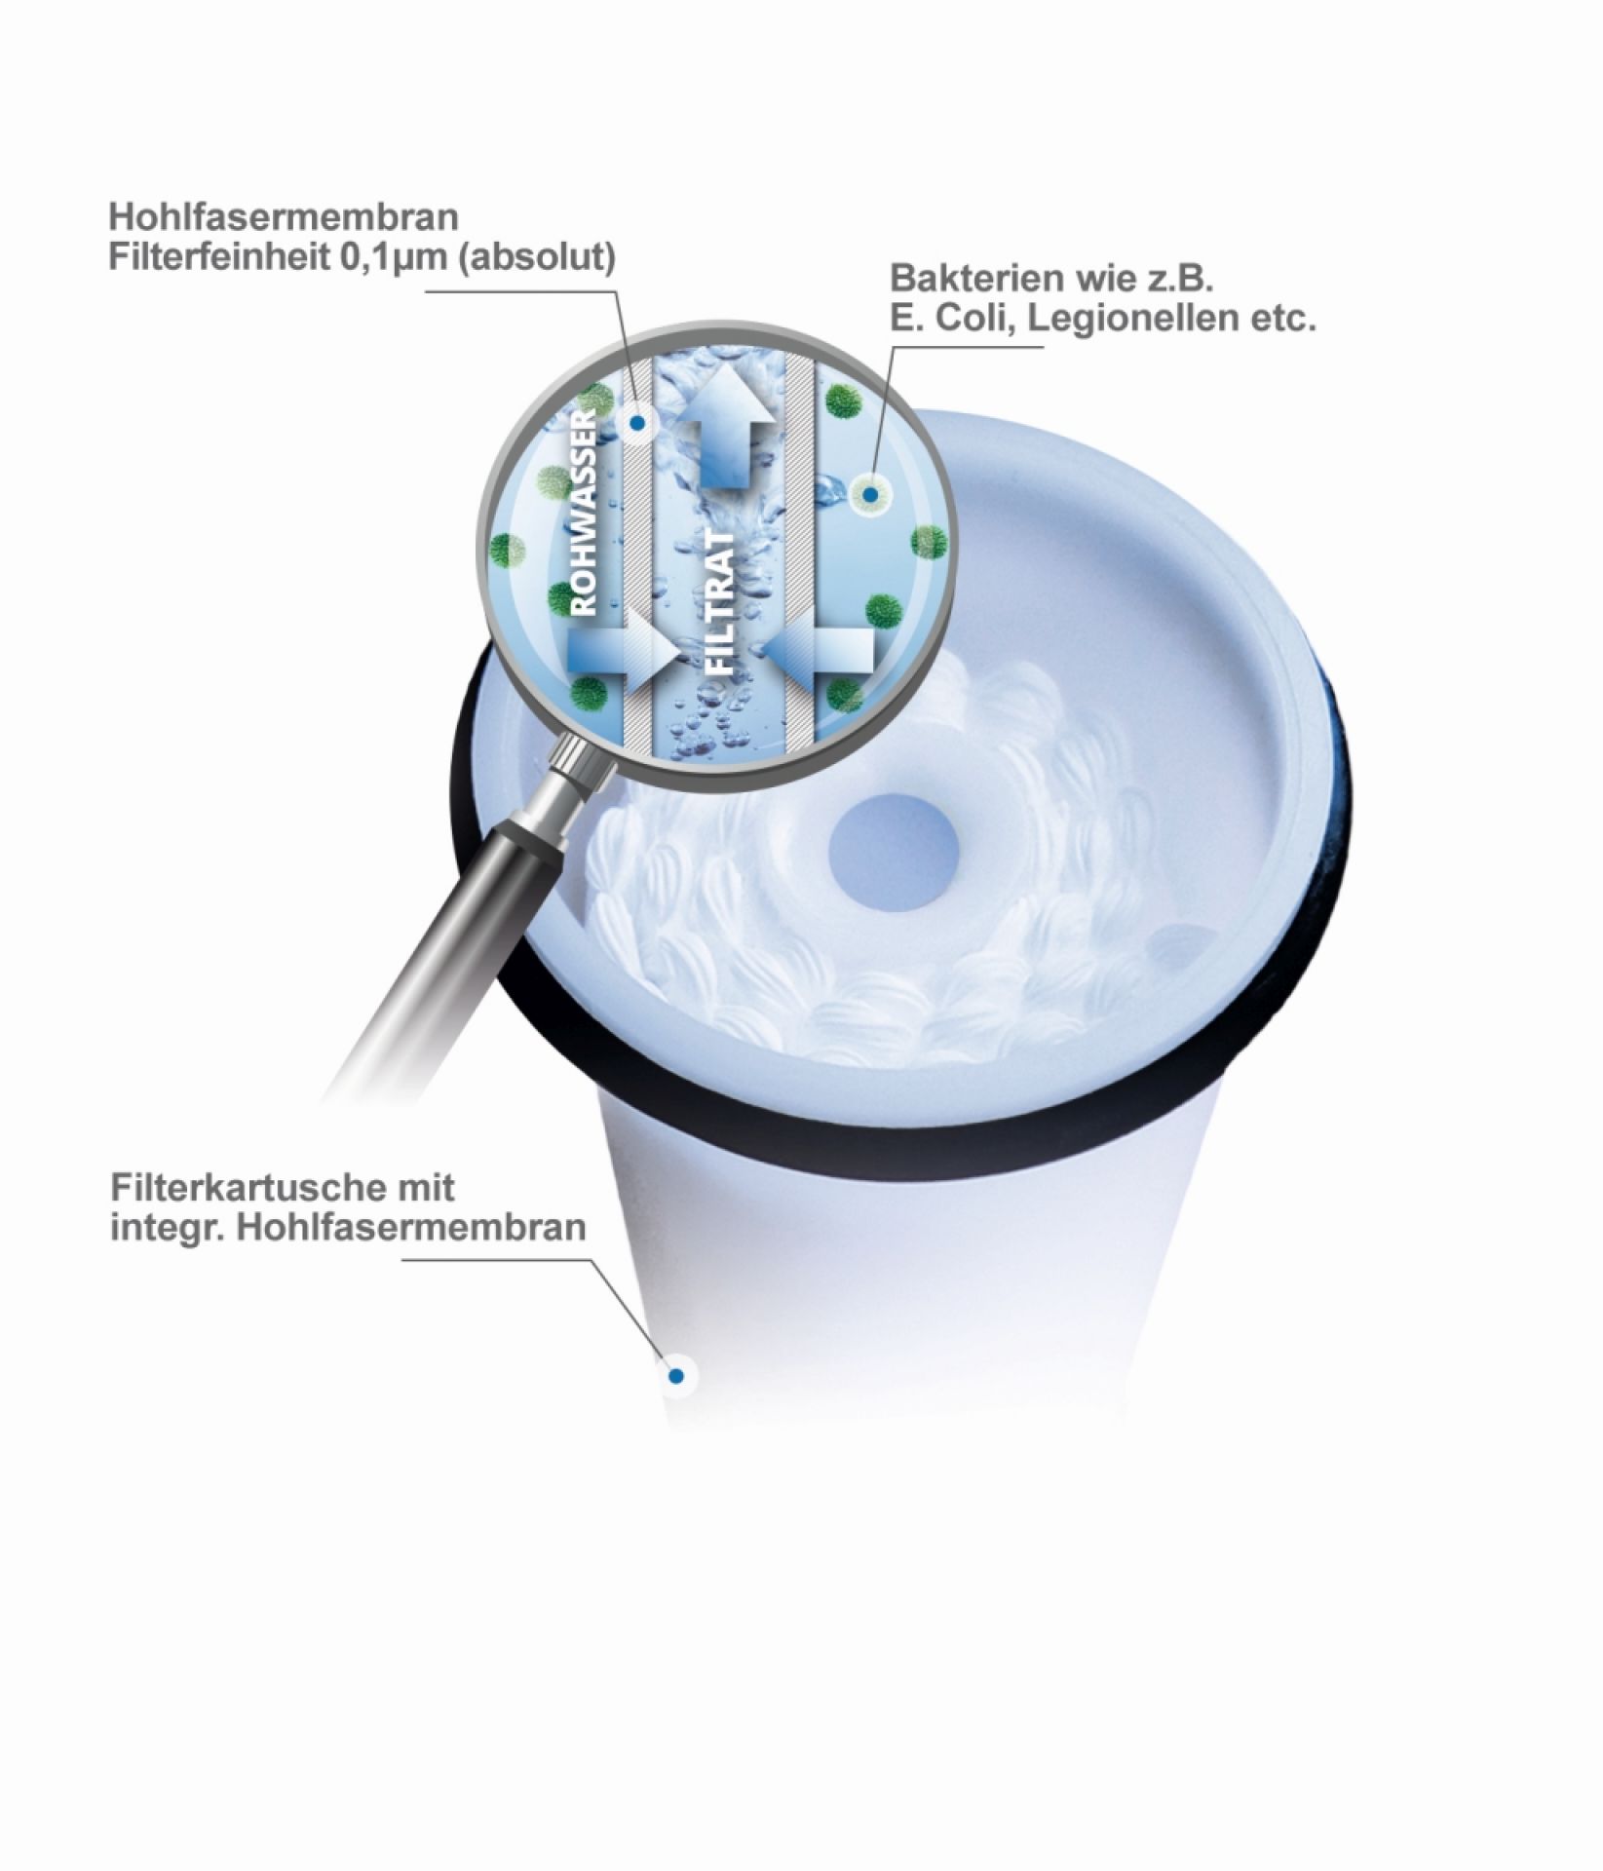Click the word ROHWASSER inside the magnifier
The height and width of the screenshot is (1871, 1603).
point(582,512)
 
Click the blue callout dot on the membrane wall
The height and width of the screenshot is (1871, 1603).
point(636,423)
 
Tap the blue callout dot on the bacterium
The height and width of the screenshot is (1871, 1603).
point(872,495)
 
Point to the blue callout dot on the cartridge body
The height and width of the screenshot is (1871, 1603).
point(674,1375)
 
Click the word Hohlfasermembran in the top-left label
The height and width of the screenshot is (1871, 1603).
point(284,215)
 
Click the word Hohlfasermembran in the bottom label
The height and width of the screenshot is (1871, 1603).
point(408,1226)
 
